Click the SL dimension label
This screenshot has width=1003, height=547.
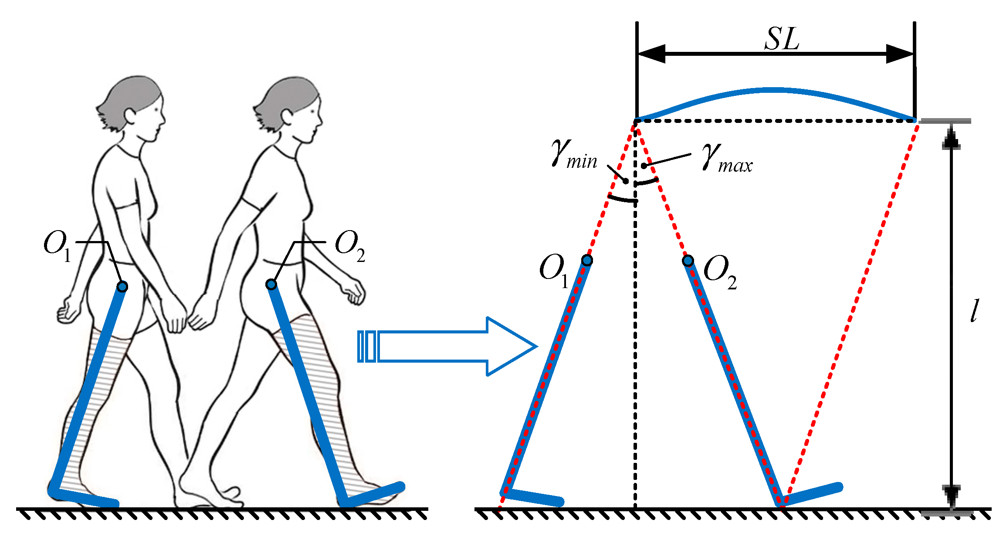tap(782, 39)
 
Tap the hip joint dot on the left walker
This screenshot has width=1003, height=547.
tap(122, 286)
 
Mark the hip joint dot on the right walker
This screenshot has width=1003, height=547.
tap(271, 285)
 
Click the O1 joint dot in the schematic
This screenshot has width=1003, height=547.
tap(587, 261)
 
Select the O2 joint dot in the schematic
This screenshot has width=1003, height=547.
tap(688, 261)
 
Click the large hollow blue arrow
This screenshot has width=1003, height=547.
tap(449, 347)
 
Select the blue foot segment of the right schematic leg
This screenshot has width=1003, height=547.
tap(813, 494)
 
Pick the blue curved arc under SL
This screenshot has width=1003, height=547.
tap(776, 91)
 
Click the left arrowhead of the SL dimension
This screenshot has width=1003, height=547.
tap(651, 54)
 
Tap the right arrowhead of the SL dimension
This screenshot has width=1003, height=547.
tap(900, 54)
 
